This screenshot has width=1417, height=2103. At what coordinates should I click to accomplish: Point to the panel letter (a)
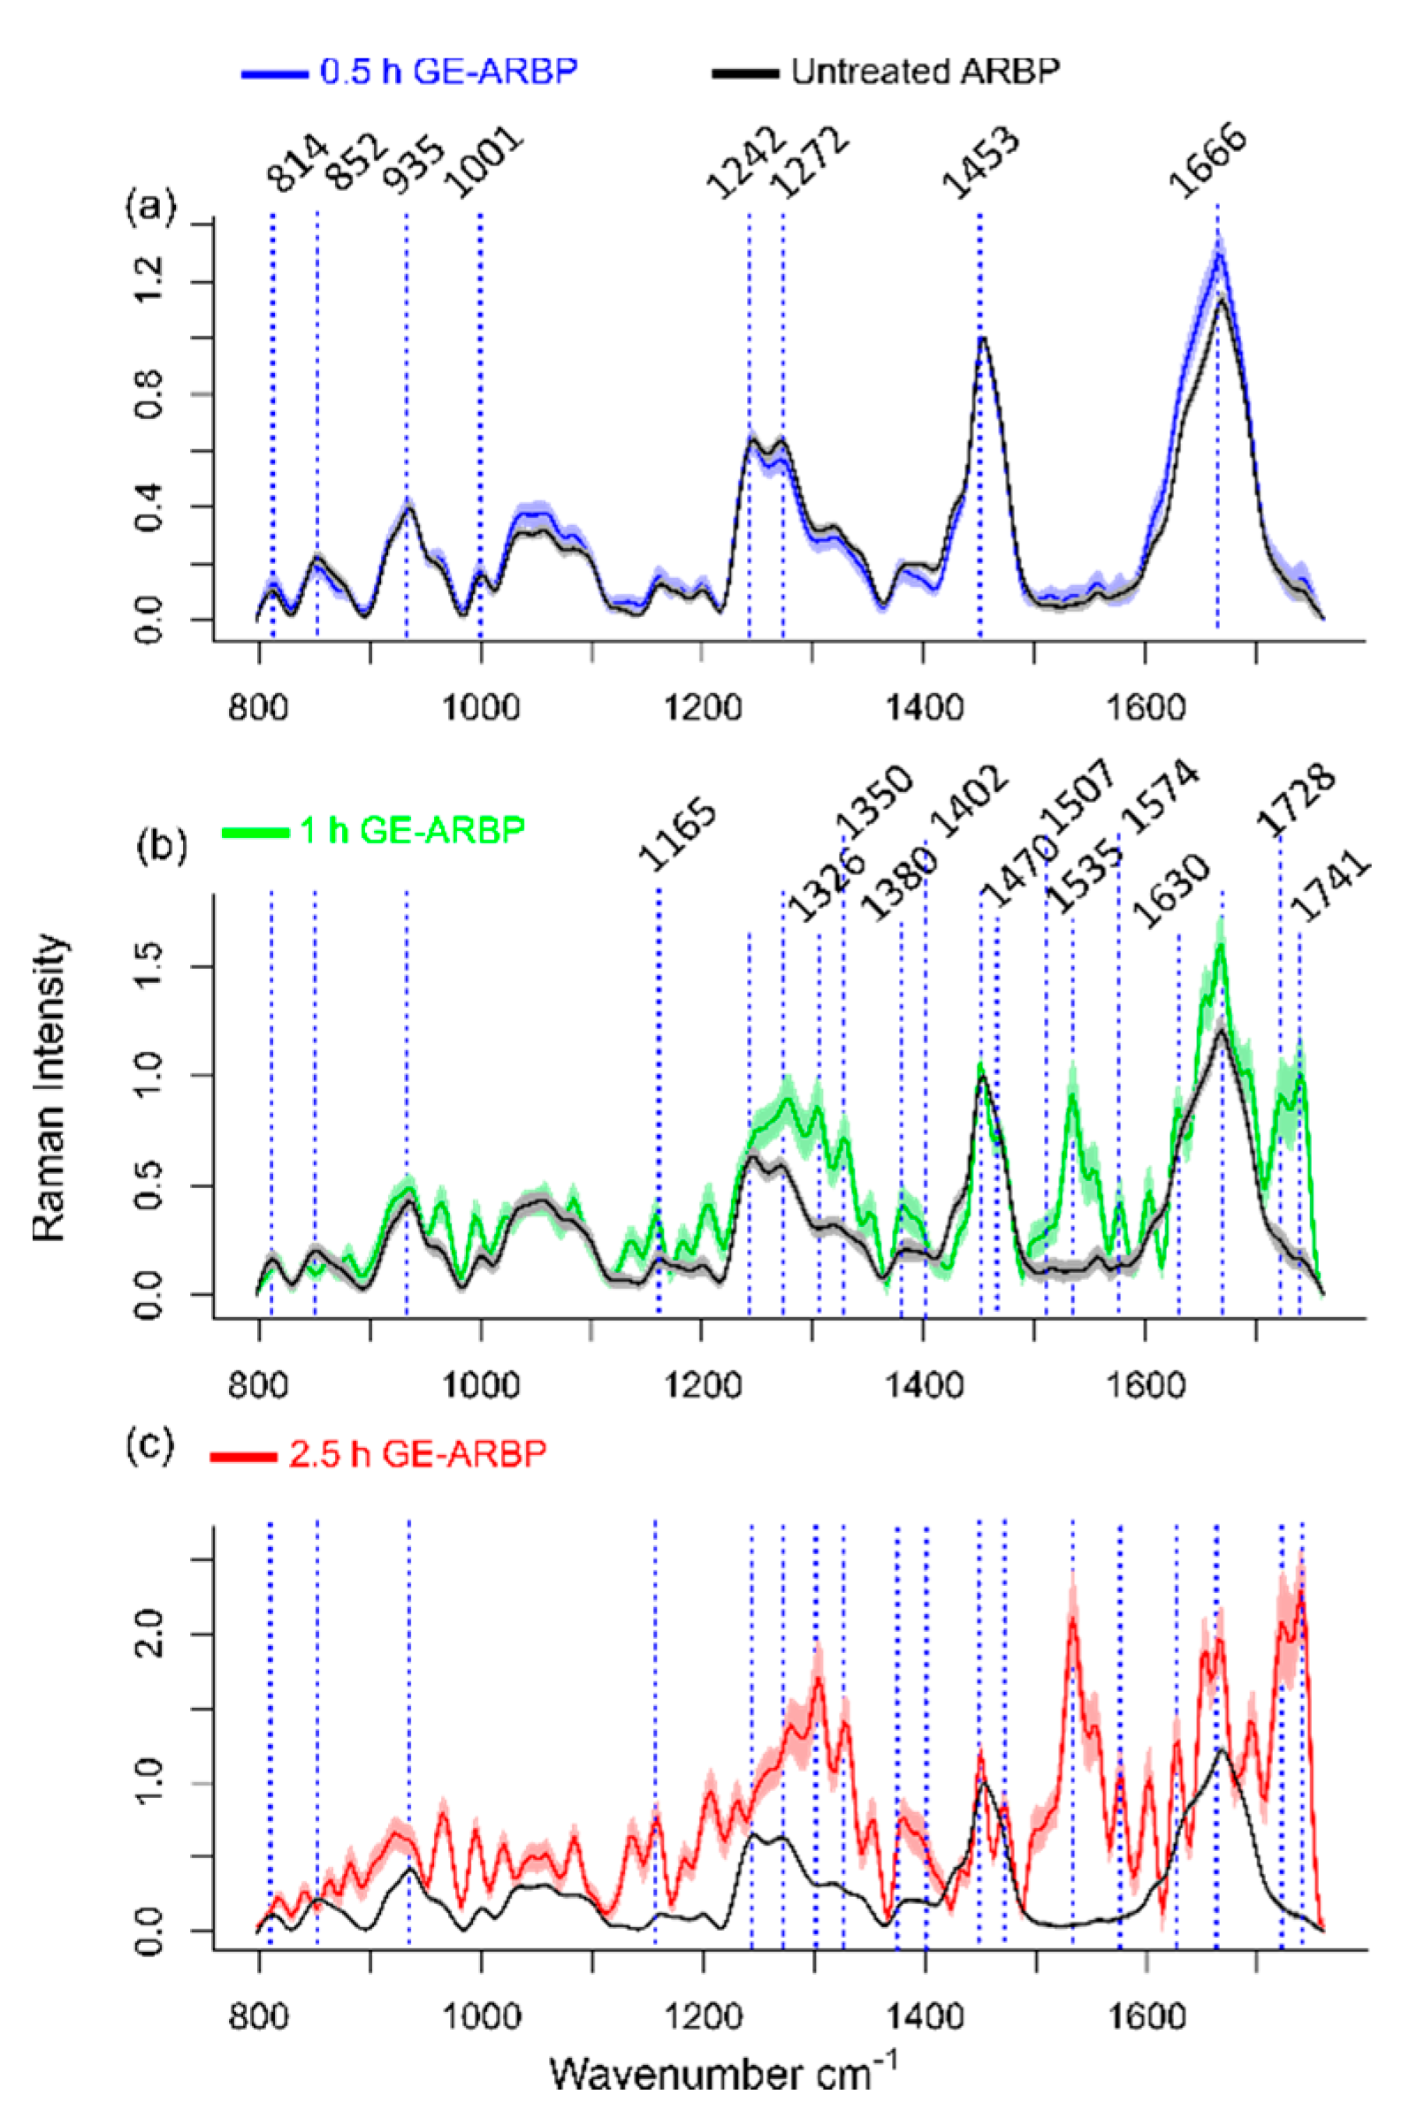click(x=149, y=209)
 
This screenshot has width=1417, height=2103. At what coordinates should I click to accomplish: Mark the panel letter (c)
click(x=149, y=1444)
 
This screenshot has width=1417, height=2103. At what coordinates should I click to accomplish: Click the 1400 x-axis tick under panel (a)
click(x=923, y=705)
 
